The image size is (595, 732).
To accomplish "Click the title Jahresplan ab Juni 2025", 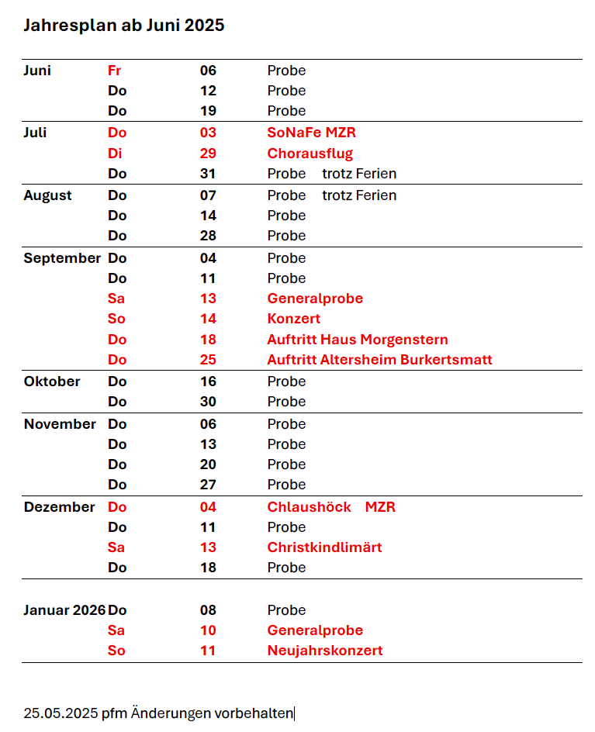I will pos(123,26).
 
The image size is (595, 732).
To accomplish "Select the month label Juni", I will pos(37,71).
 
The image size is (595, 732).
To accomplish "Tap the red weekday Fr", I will pos(114,71).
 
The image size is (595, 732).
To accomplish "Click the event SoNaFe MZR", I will pos(311,133).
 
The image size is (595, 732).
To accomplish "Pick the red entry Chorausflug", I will pos(310,154).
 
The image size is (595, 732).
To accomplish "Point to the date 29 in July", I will pos(208,154).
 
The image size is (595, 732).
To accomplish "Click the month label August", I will pos(47,195).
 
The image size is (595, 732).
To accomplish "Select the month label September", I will pos(62,258).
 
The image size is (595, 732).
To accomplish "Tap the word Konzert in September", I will pos(293,319).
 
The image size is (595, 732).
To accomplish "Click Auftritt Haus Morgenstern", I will pos(357,340).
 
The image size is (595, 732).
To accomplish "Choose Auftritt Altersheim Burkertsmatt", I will pos(379,360).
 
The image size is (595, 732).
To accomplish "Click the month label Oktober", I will pos(52,382).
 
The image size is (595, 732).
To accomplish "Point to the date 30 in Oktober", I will pos(208,402).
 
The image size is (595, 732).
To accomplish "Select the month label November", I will pos(60,424).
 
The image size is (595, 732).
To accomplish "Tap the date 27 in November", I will pos(208,485).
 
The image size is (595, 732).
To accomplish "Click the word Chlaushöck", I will pos(309,507).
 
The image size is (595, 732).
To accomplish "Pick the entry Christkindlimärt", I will pos(324,547).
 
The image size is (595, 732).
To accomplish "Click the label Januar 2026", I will pos(64,610).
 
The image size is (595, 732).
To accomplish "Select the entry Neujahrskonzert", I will pos(324,651).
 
